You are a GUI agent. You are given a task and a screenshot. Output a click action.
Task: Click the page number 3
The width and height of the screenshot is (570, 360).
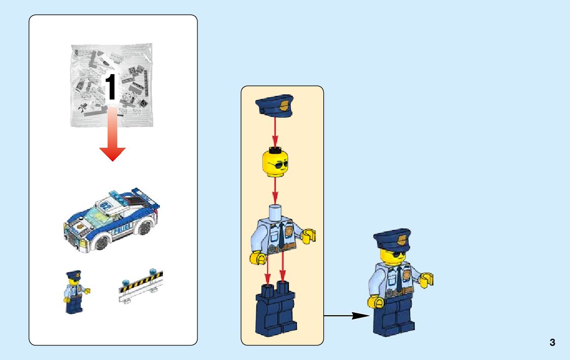[x=552, y=343]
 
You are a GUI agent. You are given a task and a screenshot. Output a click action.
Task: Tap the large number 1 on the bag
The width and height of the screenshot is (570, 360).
[x=110, y=87]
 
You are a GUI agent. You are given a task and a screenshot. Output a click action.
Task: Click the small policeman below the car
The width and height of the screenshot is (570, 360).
[x=74, y=291]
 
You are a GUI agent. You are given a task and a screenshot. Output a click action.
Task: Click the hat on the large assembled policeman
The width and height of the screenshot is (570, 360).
[x=392, y=239]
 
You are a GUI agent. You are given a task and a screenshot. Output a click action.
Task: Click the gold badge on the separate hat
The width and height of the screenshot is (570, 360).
[x=284, y=107]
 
